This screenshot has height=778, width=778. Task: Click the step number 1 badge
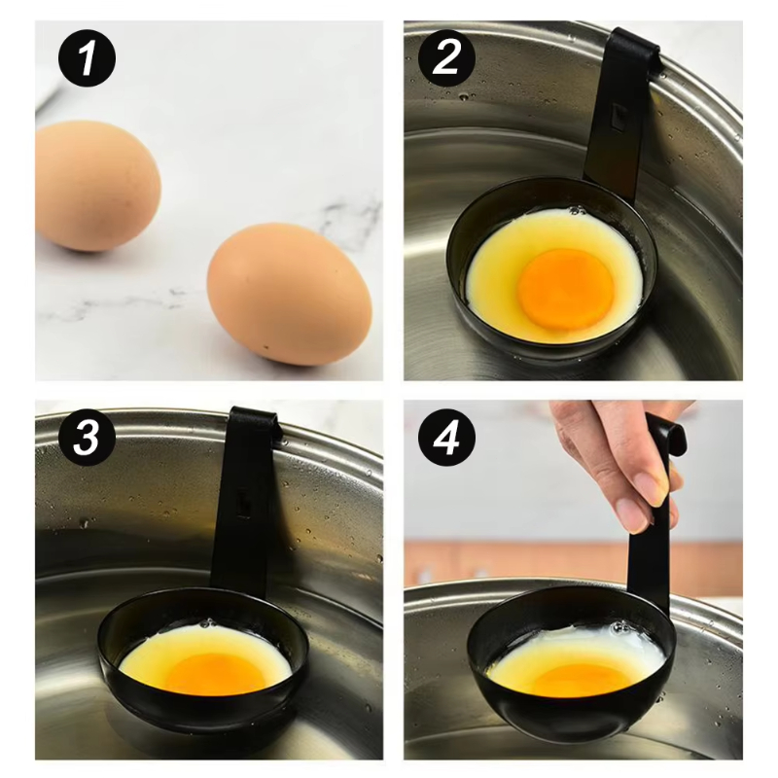point(87,59)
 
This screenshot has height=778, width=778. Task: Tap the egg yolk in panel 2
point(565,289)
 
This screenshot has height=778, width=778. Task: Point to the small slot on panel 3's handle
point(244,504)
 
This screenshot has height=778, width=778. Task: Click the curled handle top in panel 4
point(669,433)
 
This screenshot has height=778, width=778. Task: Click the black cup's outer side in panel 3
point(194,715)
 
